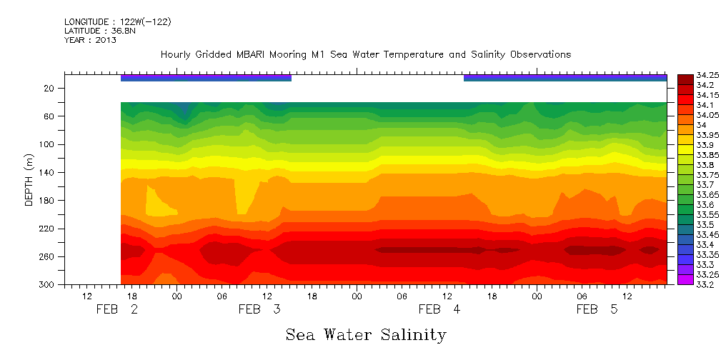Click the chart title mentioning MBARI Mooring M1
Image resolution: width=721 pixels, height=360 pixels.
pos(366,54)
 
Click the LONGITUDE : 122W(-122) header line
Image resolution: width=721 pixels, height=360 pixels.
pos(117,22)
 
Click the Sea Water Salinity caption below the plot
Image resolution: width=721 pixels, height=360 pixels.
pos(366,334)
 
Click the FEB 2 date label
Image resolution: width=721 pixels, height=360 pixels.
pos(117,309)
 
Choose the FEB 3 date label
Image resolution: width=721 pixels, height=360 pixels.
pos(259,309)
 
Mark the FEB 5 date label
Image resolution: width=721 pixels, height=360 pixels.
pos(597,309)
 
